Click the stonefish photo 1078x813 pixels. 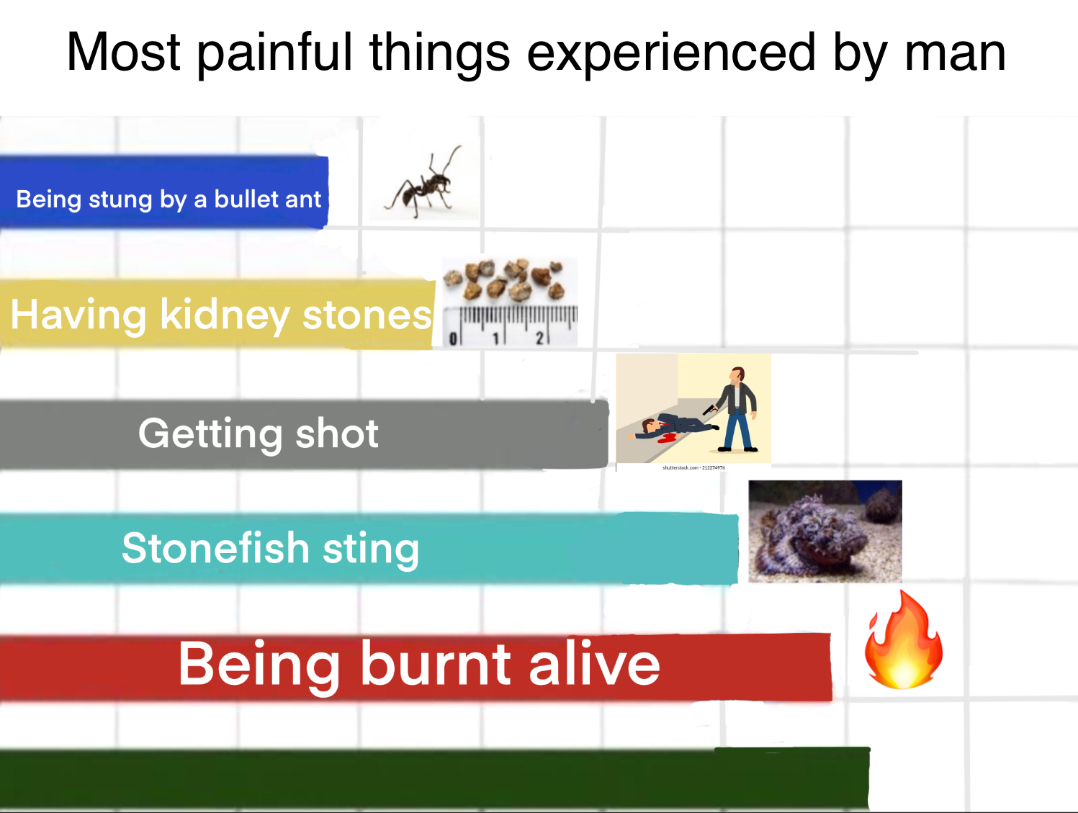pos(825,531)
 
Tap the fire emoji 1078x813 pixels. pos(904,641)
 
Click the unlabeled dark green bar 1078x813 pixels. pos(432,779)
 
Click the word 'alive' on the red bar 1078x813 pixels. pos(594,665)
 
